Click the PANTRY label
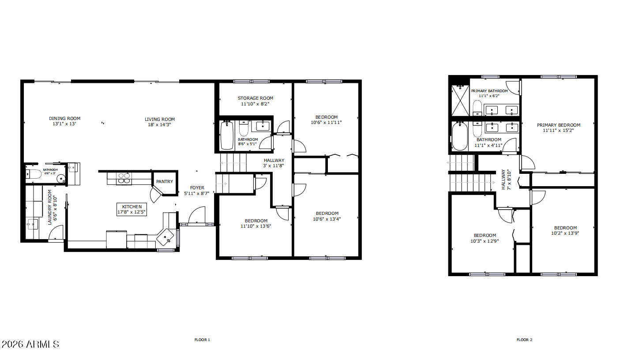pyautogui.click(x=165, y=181)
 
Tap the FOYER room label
pyautogui.click(x=197, y=187)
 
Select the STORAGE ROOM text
pyautogui.click(x=255, y=98)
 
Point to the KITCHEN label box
pyautogui.click(x=132, y=209)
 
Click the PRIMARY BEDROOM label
pyautogui.click(x=558, y=125)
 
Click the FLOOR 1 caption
pyautogui.click(x=202, y=340)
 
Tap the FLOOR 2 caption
pyautogui.click(x=524, y=340)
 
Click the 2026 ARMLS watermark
pyautogui.click(x=30, y=344)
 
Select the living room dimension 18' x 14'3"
pyautogui.click(x=160, y=124)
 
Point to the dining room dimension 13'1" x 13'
pyautogui.click(x=64, y=124)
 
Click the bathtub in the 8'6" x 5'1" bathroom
pyautogui.click(x=227, y=135)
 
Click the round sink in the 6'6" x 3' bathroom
pyautogui.click(x=60, y=178)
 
